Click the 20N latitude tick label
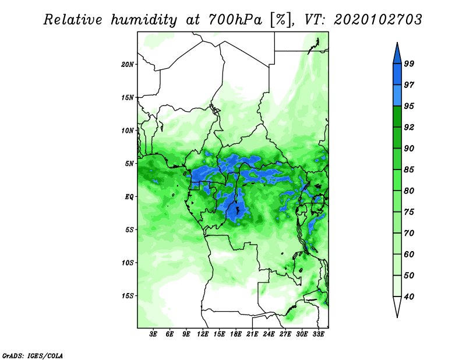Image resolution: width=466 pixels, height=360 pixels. [x=128, y=64]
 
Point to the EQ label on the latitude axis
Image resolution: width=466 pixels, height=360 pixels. [x=129, y=196]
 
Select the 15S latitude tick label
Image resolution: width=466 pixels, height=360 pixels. [x=128, y=295]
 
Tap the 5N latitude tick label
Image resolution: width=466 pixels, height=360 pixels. [x=129, y=163]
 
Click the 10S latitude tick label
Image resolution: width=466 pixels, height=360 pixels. [x=128, y=262]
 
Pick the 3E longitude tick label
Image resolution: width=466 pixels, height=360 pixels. [x=154, y=335]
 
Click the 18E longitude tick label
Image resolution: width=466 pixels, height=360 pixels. [x=236, y=335]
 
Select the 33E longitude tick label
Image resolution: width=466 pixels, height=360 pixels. [x=318, y=335]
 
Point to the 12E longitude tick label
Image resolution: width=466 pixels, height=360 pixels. [x=203, y=335]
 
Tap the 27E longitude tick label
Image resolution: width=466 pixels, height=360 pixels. [x=285, y=335]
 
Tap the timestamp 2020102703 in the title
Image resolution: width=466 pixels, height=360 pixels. [x=377, y=20]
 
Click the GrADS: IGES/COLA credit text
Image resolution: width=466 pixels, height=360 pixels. [x=32, y=355]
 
